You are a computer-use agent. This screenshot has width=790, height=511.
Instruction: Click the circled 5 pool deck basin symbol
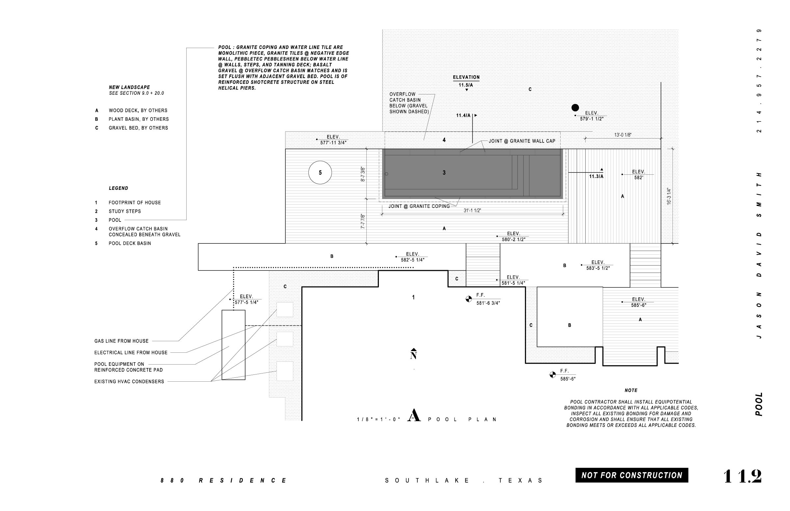320,172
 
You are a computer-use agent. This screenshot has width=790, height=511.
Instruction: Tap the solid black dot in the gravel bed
575,108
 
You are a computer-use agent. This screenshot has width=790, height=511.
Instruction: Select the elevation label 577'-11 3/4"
333,143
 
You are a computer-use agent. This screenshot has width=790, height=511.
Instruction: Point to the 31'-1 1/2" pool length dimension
472,210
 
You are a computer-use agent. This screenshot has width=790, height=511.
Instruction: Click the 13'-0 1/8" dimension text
623,135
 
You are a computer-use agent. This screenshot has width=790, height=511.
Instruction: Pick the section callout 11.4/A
463,115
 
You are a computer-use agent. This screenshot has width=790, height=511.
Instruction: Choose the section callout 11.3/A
596,176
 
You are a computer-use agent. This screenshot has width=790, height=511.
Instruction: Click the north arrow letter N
413,356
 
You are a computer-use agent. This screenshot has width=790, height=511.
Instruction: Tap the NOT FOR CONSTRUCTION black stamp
632,475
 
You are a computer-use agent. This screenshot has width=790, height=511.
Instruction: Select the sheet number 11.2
742,476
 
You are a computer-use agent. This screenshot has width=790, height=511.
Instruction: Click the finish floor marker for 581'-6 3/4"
468,299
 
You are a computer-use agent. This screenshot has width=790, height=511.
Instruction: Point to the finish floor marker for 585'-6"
552,375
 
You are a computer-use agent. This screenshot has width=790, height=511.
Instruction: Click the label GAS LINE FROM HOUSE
121,341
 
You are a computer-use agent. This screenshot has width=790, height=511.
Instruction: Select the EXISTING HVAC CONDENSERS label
129,382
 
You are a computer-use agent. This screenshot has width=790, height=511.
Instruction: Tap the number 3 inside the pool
444,172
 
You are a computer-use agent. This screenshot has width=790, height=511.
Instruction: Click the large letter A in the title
414,416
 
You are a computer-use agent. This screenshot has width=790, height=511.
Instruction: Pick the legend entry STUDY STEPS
125,211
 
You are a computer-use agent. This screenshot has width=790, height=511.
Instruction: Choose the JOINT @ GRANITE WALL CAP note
522,141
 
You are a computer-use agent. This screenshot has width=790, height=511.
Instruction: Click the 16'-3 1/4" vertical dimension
669,196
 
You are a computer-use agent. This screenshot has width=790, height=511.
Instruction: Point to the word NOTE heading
631,390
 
